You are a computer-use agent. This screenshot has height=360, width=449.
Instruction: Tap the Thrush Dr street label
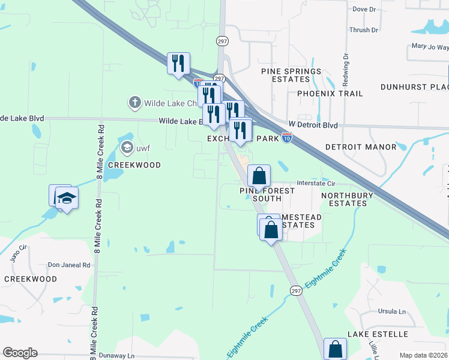pos(364,29)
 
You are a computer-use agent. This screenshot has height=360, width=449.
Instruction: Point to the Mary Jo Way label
pos(429,47)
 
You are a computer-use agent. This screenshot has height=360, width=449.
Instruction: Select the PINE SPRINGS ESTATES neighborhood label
pos(291,76)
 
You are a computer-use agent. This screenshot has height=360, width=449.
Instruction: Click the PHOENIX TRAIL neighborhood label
pos(330,94)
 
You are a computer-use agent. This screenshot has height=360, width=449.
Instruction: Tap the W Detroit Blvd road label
pos(313,125)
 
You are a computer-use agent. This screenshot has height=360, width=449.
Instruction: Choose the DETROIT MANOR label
pos(361,147)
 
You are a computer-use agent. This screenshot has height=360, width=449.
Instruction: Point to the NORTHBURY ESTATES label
pos(347,199)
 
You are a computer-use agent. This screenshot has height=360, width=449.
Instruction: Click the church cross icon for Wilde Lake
pos(135,103)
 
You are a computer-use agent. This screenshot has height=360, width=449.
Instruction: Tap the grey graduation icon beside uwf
pos(127,147)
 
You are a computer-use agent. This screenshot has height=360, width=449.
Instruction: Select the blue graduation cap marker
pos(67,197)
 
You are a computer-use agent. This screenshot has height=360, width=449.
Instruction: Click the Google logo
pos(20,353)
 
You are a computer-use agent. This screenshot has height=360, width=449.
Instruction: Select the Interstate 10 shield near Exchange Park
pos(288,139)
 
